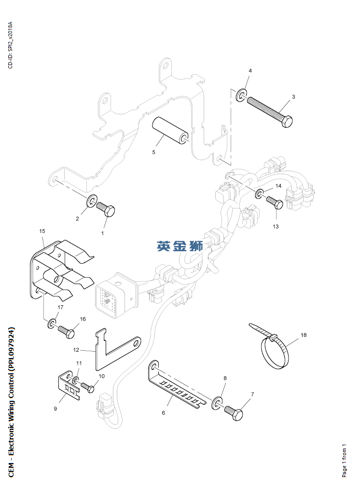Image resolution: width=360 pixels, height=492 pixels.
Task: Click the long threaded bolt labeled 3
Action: pos(268,111)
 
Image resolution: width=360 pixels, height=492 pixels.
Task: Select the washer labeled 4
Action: pos(241,96)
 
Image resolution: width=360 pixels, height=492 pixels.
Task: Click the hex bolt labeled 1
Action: pos(106,209)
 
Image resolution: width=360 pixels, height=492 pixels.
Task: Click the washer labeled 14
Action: pos(260,194)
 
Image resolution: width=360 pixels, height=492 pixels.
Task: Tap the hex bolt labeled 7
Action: pos(235,412)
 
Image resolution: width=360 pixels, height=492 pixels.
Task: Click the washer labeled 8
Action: pos(217,401)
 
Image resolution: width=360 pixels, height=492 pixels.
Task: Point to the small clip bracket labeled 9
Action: pos(67,385)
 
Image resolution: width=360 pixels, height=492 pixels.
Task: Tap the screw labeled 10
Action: pos(87,387)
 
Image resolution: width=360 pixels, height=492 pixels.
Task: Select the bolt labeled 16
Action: pos(67,331)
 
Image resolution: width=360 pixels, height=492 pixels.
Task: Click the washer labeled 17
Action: pos(51,323)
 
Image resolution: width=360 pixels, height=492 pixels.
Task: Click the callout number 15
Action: pos(42,232)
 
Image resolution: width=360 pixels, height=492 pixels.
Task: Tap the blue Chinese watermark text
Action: pos(180,246)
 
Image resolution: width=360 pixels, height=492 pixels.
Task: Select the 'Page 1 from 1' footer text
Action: pos(345,460)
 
